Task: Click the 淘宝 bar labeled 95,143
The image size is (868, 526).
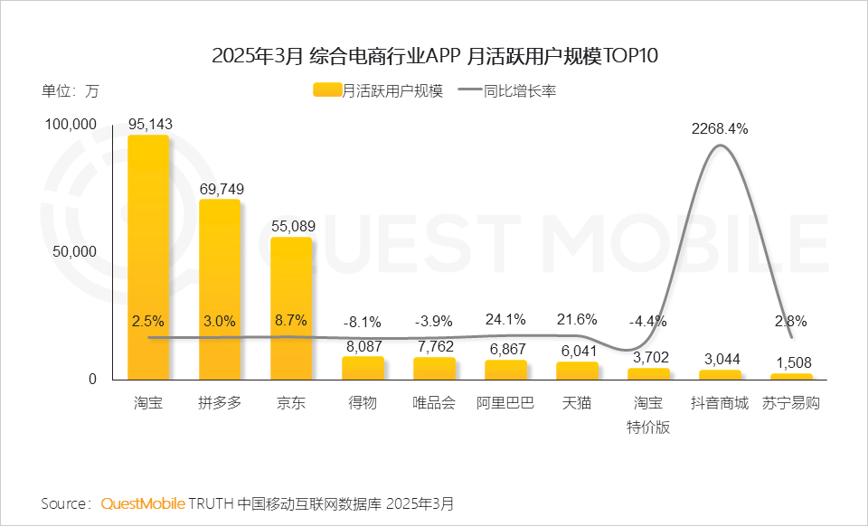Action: tap(148, 258)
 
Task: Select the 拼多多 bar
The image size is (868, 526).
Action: tap(220, 289)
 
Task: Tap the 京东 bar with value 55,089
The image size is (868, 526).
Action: tap(291, 308)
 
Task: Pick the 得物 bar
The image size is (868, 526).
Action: tap(363, 368)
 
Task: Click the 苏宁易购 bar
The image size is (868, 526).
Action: tap(791, 376)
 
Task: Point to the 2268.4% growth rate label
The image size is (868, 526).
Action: tap(720, 128)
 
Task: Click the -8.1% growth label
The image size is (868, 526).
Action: tap(363, 322)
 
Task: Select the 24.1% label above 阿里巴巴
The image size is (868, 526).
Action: tap(506, 320)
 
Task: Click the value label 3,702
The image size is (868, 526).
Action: tap(649, 356)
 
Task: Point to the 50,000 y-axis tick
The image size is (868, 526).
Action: tap(71, 251)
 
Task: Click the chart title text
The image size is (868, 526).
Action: tap(434, 56)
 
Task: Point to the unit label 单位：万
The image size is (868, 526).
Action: tap(70, 90)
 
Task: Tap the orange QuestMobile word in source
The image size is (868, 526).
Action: tap(143, 503)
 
